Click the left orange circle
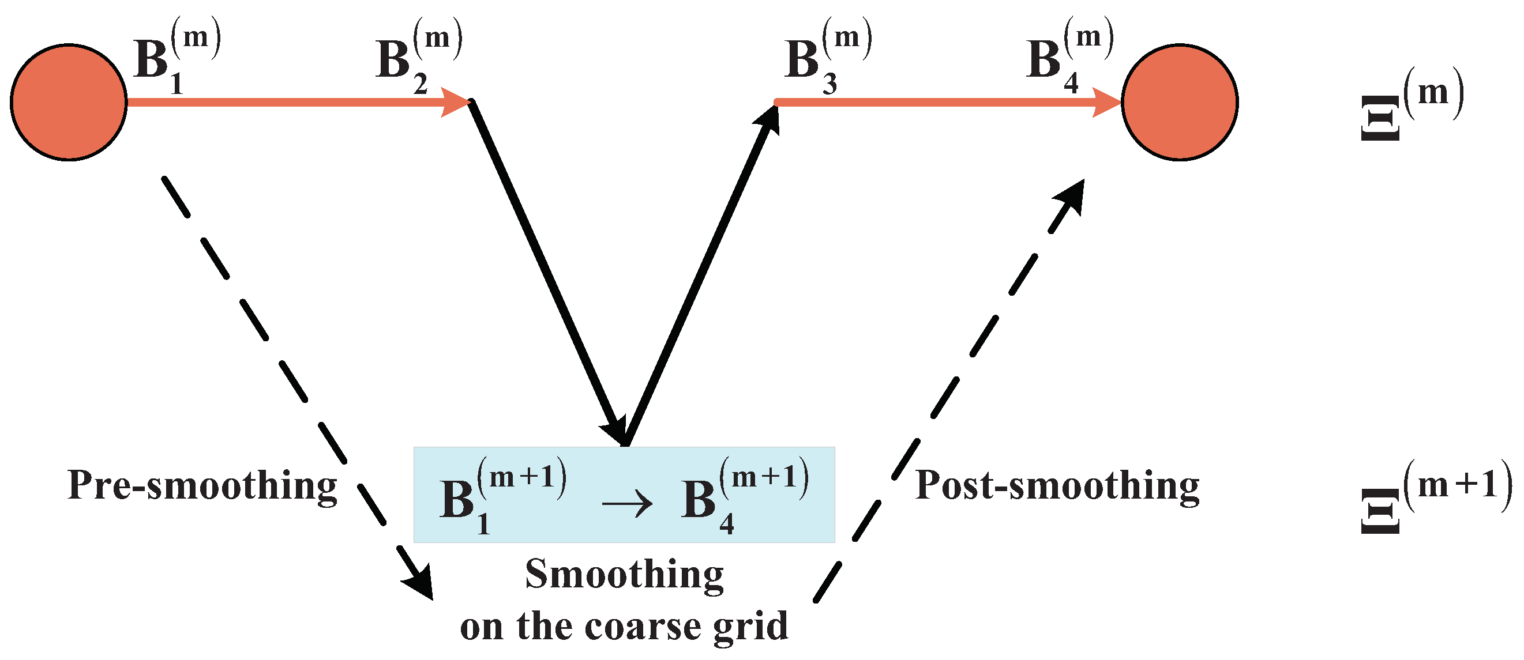click(x=69, y=102)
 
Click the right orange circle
click(x=1179, y=102)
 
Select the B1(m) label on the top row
click(x=175, y=59)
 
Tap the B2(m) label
click(x=417, y=59)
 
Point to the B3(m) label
click(x=827, y=59)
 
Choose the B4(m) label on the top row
click(x=1068, y=59)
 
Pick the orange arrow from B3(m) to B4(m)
click(x=947, y=102)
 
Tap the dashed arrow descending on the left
click(x=296, y=384)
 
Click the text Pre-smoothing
click(x=202, y=486)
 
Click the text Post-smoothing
click(x=1057, y=486)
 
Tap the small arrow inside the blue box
click(x=626, y=504)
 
